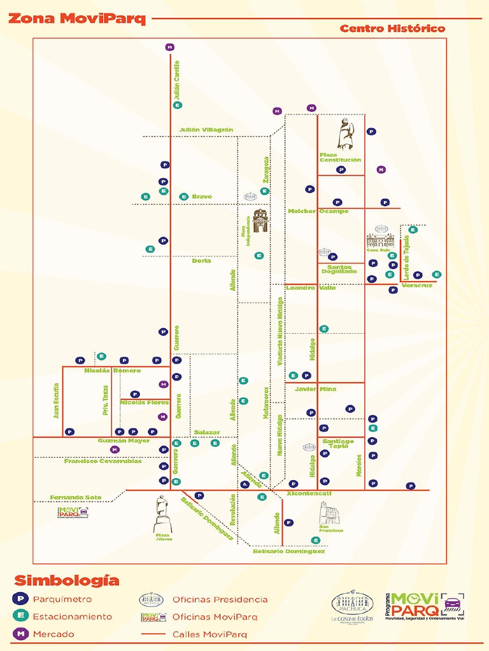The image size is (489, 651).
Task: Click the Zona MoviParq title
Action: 77,18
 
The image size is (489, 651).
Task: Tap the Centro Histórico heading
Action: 392,29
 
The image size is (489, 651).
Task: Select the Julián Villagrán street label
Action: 206,130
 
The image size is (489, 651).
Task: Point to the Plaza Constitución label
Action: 340,157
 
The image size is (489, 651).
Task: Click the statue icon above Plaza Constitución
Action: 344,134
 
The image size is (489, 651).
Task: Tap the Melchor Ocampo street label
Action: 318,211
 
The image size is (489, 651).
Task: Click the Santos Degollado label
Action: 339,269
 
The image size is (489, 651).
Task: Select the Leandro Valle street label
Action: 311,288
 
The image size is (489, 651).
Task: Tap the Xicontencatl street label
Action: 309,493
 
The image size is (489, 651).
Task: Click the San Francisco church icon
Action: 329,513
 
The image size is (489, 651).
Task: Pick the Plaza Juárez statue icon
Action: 162,514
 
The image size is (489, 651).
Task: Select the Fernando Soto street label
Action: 76,497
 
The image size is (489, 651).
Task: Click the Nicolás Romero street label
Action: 113,370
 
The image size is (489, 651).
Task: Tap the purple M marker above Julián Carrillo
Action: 169,47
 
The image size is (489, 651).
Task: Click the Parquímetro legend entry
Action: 62,599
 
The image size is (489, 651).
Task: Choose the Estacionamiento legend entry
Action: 72,616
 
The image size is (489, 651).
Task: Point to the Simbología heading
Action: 67,580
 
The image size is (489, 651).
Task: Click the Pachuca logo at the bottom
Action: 352,606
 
